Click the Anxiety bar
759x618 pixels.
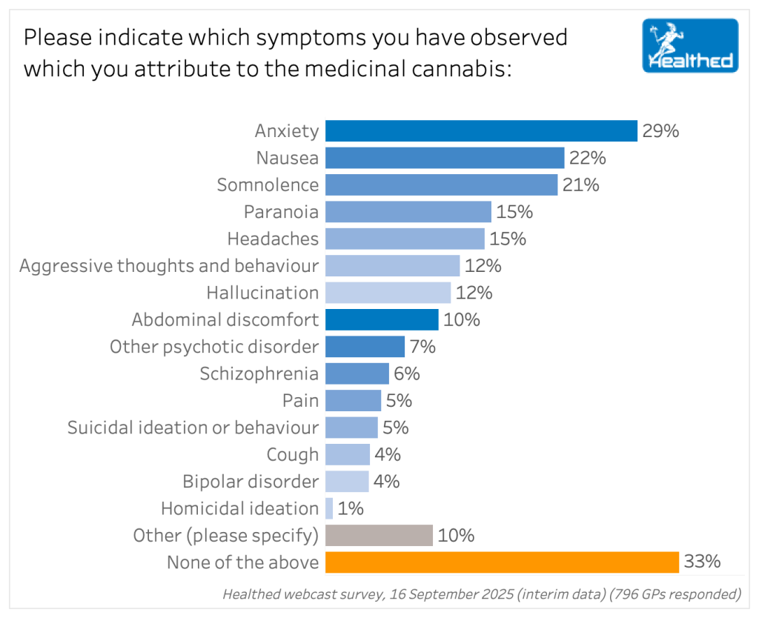pyautogui.click(x=481, y=131)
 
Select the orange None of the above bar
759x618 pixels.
pyautogui.click(x=502, y=562)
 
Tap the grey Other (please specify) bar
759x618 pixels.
pyautogui.click(x=379, y=535)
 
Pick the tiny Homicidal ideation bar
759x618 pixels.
pyautogui.click(x=329, y=508)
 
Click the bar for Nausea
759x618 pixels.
pyautogui.click(x=445, y=158)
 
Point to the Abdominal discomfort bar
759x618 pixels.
pyautogui.click(x=382, y=319)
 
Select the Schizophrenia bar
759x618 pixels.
pyautogui.click(x=357, y=373)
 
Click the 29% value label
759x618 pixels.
pyautogui.click(x=660, y=131)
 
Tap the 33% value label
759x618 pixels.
pyautogui.click(x=702, y=562)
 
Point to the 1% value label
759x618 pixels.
pyautogui.click(x=351, y=508)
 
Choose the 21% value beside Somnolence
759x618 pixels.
pyautogui.click(x=580, y=185)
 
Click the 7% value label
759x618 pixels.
pyautogui.click(x=422, y=347)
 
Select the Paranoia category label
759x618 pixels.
pyautogui.click(x=281, y=212)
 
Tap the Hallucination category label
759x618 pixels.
pyautogui.click(x=262, y=293)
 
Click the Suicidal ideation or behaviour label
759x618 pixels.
pyautogui.click(x=193, y=428)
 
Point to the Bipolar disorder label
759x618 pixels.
pyautogui.click(x=251, y=482)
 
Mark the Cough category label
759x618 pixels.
pyautogui.click(x=293, y=454)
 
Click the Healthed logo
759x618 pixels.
pyautogui.click(x=690, y=46)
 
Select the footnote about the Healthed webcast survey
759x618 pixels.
pyautogui.click(x=482, y=594)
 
